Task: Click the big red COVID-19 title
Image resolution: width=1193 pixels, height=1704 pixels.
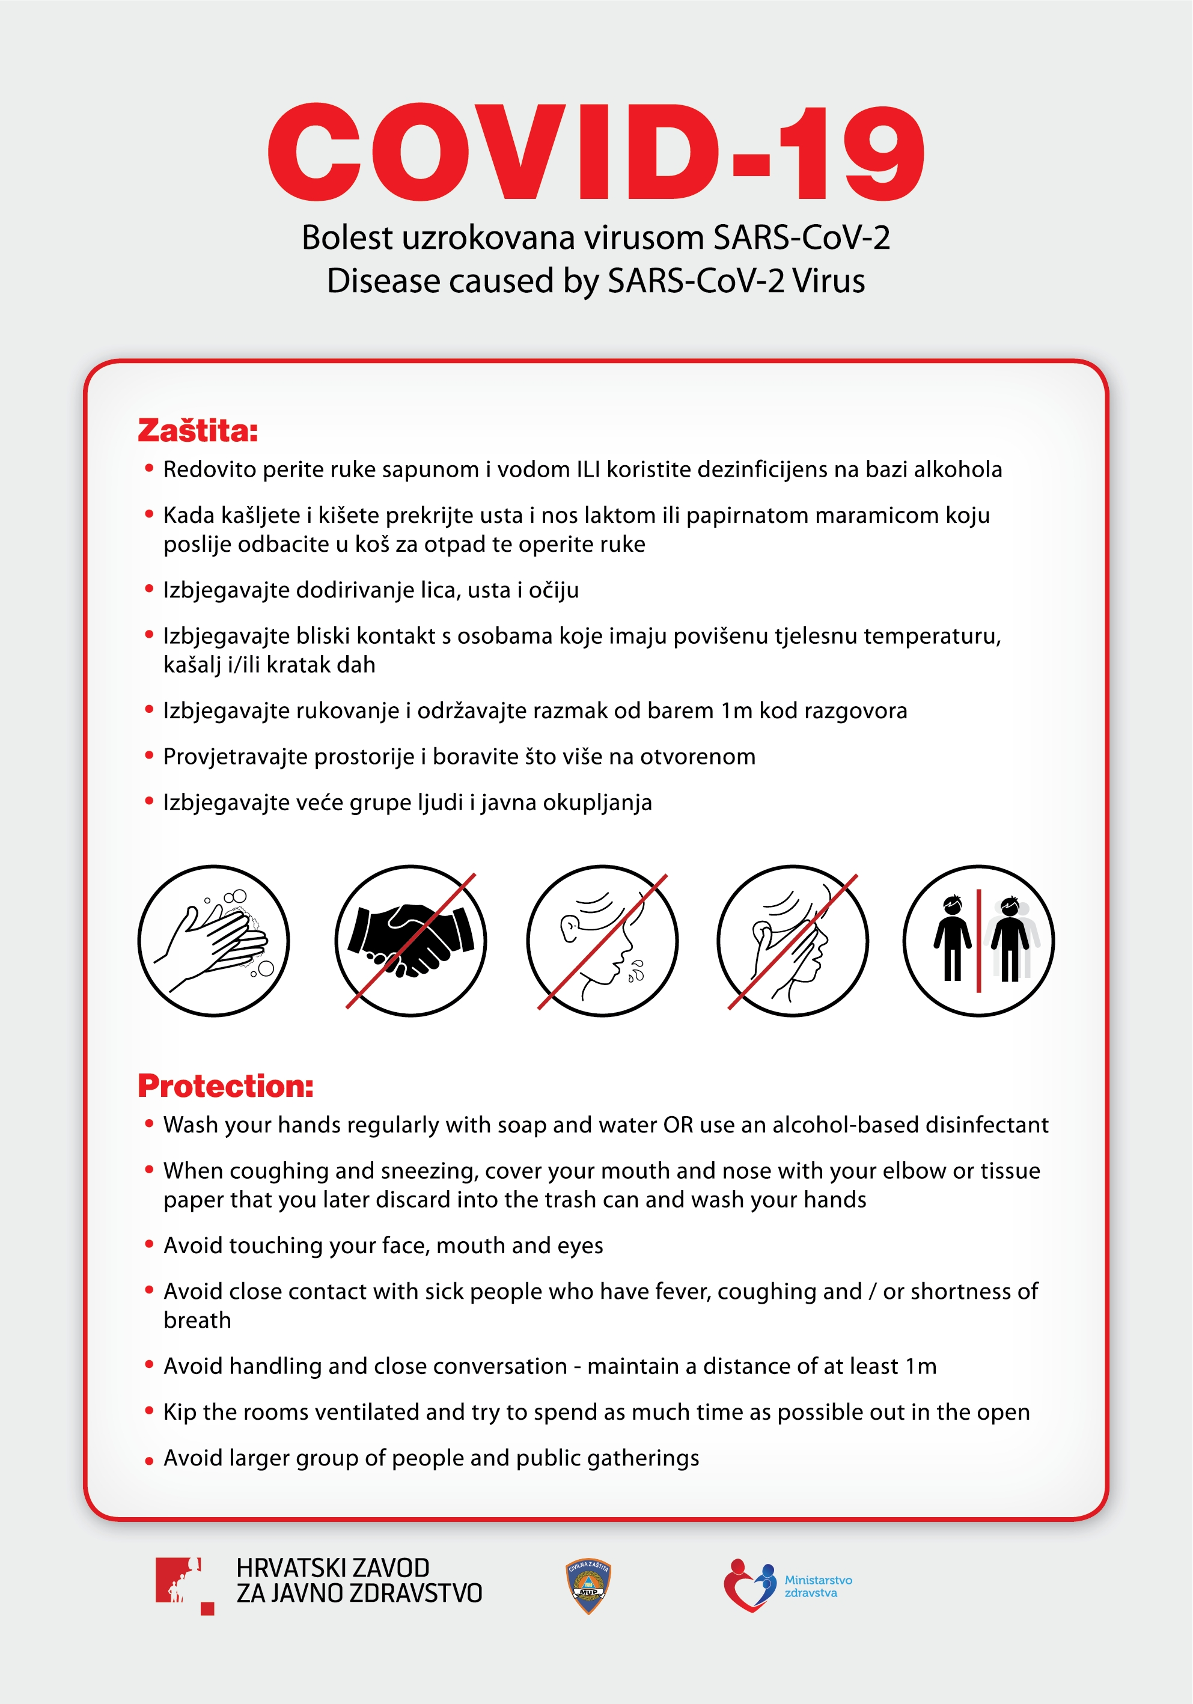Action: coord(596,152)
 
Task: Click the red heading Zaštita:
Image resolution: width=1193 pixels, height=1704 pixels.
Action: coord(197,430)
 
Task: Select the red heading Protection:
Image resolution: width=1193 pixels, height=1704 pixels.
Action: coord(225,1086)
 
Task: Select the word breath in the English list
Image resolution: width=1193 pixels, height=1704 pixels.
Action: coord(197,1321)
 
